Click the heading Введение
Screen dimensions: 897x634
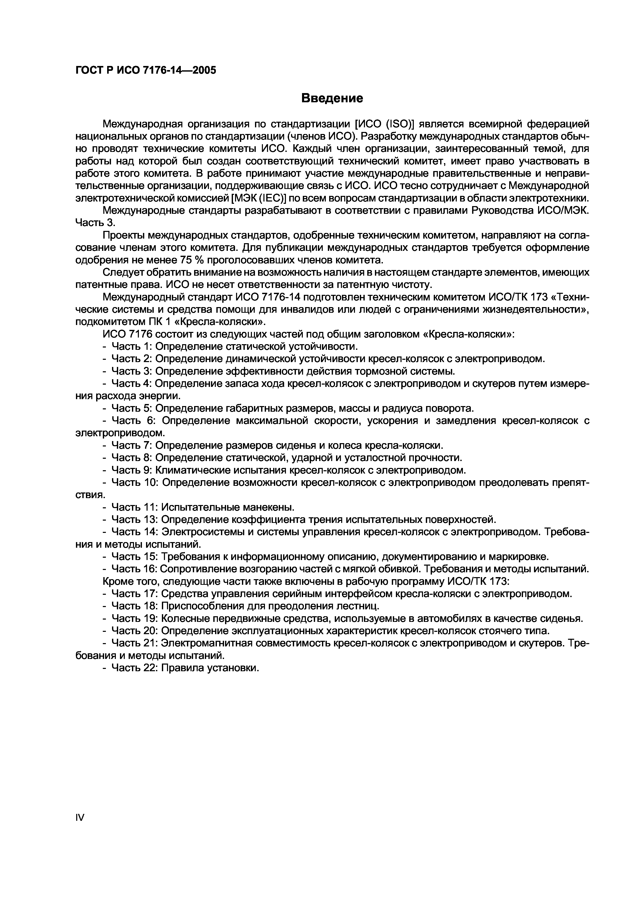tap(332, 98)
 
